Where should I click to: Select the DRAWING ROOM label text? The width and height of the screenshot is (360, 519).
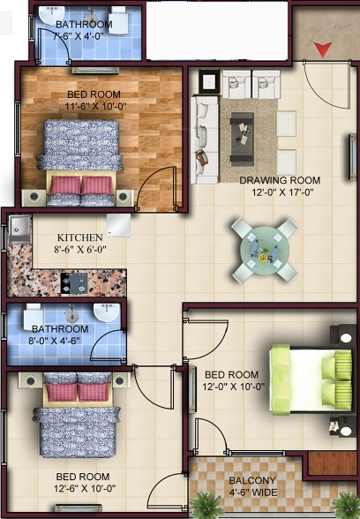pyautogui.click(x=280, y=180)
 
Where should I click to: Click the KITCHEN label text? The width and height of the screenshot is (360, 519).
pyautogui.click(x=80, y=237)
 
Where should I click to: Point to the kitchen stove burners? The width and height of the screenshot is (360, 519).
pyautogui.click(x=72, y=283)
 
